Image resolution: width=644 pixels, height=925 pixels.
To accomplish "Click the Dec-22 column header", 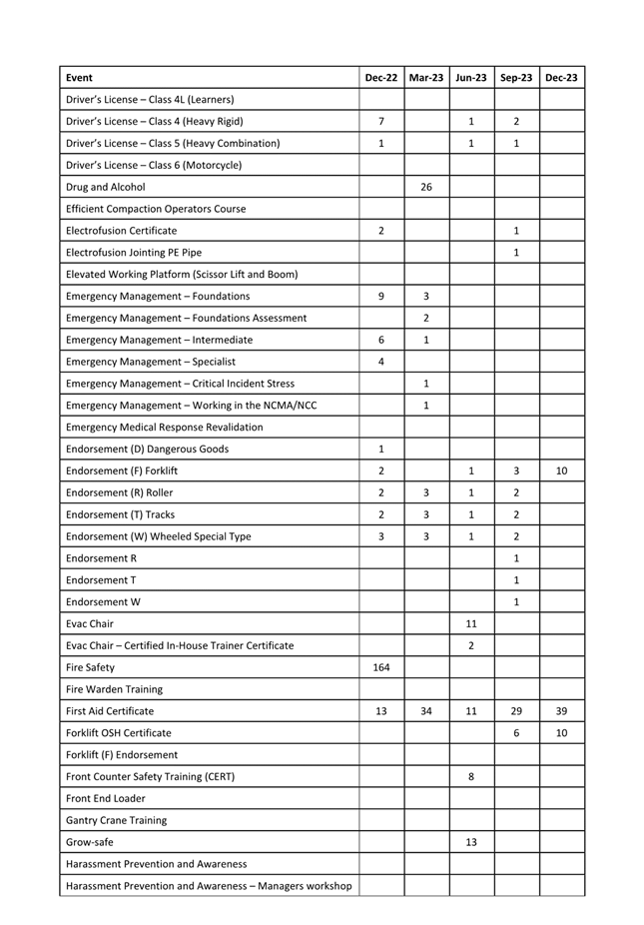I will pyautogui.click(x=381, y=78).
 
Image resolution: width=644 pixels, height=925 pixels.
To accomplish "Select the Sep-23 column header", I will pyautogui.click(x=516, y=78).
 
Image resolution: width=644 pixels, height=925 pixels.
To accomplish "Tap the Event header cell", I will pyautogui.click(x=79, y=78).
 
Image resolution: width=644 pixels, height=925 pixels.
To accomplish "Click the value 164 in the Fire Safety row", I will pyautogui.click(x=381, y=667).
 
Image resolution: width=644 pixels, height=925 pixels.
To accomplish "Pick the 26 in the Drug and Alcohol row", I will pyautogui.click(x=426, y=187).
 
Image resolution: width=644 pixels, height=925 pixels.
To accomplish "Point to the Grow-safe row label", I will pyautogui.click(x=89, y=842).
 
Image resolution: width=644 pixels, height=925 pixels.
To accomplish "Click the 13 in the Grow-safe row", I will pyautogui.click(x=471, y=842).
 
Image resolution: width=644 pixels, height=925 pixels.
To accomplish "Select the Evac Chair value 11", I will pyautogui.click(x=471, y=623).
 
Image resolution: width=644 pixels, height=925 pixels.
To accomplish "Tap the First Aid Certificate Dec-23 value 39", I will pyautogui.click(x=562, y=711).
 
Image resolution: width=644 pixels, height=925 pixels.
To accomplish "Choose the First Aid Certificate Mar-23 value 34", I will pyautogui.click(x=426, y=711).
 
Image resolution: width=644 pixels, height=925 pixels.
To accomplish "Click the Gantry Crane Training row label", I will pyautogui.click(x=116, y=820).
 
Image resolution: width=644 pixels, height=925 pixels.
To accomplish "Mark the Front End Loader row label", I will pyautogui.click(x=105, y=798).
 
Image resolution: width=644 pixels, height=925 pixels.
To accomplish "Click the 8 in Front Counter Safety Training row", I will pyautogui.click(x=471, y=776).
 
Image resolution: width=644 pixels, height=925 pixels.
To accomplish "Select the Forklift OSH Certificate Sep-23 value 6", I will pyautogui.click(x=516, y=733).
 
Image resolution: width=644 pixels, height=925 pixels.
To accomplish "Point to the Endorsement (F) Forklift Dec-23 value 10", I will pyautogui.click(x=562, y=470).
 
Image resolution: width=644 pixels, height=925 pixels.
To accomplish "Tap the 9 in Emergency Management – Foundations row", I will pyautogui.click(x=381, y=296).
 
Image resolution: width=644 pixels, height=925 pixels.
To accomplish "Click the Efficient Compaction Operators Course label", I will pyautogui.click(x=155, y=209).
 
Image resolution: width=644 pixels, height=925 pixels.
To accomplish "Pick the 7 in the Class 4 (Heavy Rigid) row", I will pyautogui.click(x=381, y=121).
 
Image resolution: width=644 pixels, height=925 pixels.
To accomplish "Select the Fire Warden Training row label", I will pyautogui.click(x=114, y=689).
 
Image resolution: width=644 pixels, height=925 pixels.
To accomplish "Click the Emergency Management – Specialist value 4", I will pyautogui.click(x=381, y=362).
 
